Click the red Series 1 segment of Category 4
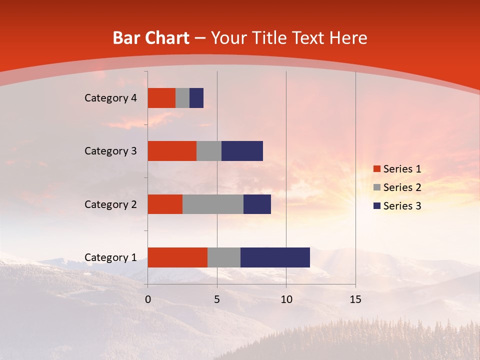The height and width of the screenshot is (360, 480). pyautogui.click(x=161, y=98)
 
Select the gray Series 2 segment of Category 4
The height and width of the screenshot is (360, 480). pyautogui.click(x=182, y=98)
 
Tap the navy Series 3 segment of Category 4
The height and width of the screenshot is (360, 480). pyautogui.click(x=196, y=98)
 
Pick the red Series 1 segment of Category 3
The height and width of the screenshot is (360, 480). pyautogui.click(x=172, y=151)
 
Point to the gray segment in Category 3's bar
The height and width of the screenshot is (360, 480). pyautogui.click(x=209, y=151)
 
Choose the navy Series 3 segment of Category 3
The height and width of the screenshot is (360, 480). pyautogui.click(x=242, y=151)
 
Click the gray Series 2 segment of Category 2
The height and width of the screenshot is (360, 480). pyautogui.click(x=213, y=204)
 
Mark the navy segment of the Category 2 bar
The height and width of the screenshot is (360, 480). pyautogui.click(x=257, y=204)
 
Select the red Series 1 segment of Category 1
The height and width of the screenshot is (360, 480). pyautogui.click(x=177, y=257)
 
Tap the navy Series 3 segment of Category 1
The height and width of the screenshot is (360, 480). pyautogui.click(x=275, y=257)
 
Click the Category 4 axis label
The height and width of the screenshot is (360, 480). pyautogui.click(x=110, y=98)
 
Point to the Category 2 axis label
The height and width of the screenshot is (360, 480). pyautogui.click(x=110, y=204)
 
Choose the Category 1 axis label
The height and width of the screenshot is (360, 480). pyautogui.click(x=110, y=257)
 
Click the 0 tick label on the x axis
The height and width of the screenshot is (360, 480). pyautogui.click(x=148, y=299)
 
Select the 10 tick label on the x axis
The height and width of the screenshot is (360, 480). pyautogui.click(x=286, y=299)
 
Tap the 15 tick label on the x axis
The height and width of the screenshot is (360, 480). pyautogui.click(x=355, y=299)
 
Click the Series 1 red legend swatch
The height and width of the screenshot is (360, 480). pyautogui.click(x=376, y=169)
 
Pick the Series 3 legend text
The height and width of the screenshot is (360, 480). pyautogui.click(x=402, y=205)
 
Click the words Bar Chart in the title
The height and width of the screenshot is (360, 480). pyautogui.click(x=151, y=38)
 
